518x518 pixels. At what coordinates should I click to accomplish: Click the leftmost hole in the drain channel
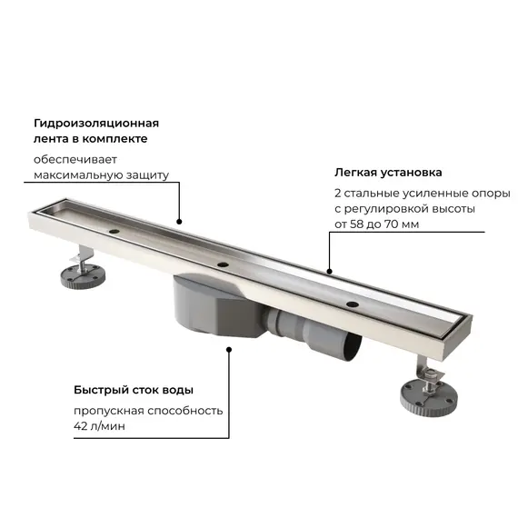(x=114, y=232)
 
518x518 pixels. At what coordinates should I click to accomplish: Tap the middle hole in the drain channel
(x=222, y=264)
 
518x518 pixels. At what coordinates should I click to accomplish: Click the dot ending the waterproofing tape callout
(x=179, y=221)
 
